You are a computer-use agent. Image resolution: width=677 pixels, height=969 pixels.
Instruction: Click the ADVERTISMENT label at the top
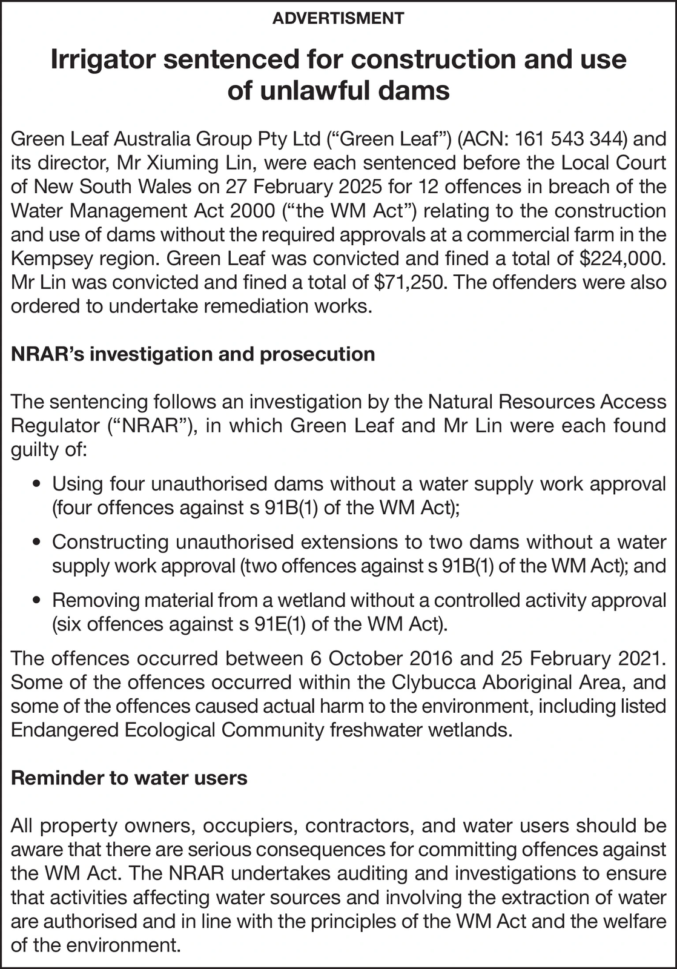[338, 18]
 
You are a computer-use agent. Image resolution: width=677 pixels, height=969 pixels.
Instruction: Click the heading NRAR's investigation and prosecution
[193, 354]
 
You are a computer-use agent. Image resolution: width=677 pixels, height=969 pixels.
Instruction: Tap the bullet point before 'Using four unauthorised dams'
[38, 484]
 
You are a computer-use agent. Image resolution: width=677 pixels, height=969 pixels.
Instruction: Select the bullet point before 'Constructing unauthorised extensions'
[38, 543]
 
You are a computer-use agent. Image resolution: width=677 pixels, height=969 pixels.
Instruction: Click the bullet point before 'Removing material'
[38, 601]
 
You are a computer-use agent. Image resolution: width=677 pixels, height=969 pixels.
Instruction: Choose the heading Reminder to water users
[129, 778]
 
